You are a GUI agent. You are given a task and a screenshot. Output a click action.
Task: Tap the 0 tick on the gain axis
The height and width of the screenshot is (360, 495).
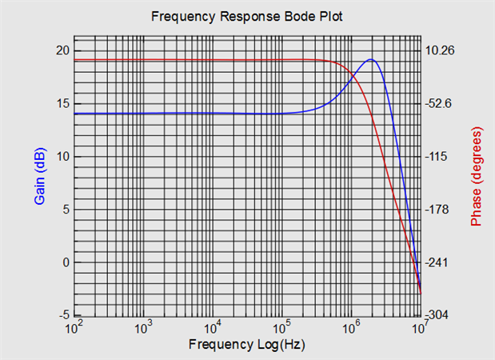tap(66, 262)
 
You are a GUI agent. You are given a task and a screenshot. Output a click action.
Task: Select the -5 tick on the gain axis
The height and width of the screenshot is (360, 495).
tap(63, 315)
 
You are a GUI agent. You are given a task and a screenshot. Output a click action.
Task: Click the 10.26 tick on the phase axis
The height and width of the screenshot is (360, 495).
tap(439, 50)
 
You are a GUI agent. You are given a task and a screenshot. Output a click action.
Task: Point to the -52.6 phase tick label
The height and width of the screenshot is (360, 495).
tap(439, 103)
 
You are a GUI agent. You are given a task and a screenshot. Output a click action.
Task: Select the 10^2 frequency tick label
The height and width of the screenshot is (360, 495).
tap(74, 328)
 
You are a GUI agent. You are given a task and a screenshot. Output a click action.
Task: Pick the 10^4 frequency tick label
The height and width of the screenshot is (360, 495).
tap(213, 328)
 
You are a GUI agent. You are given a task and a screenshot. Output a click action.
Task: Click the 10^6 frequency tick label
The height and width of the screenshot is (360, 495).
tap(350, 328)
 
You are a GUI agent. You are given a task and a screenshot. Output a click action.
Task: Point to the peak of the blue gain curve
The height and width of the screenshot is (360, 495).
tap(372, 59)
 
